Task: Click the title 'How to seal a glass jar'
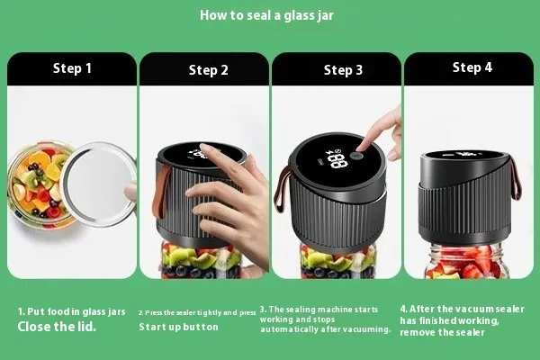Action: point(266,15)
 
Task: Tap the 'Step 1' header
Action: point(72,68)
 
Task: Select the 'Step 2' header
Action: point(209,70)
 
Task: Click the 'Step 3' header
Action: point(343,70)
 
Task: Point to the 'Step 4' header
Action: point(472,67)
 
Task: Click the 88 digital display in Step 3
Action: point(335,158)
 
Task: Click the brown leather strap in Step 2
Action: point(160,193)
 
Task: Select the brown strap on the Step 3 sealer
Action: point(282,189)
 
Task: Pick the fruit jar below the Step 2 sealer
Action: point(202,261)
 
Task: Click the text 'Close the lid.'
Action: point(57,327)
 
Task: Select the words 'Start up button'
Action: point(178,327)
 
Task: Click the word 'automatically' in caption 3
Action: point(290,329)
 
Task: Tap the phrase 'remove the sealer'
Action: point(442,332)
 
